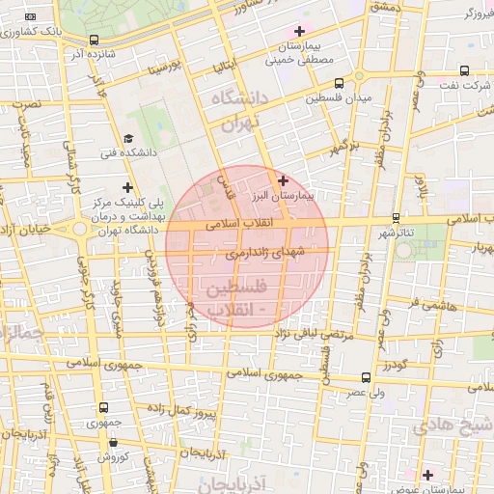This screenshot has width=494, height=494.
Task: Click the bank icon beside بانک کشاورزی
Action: [x=32, y=18]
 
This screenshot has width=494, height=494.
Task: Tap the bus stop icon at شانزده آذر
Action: [x=94, y=41]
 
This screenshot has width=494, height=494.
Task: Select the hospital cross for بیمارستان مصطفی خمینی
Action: [x=299, y=31]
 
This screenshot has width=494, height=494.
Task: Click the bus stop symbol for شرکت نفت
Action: [x=465, y=71]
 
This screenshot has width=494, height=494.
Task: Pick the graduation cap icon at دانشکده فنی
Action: [x=128, y=139]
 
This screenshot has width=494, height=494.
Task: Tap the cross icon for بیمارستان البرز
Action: [x=283, y=180]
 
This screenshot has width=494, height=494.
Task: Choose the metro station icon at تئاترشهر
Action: [x=397, y=218]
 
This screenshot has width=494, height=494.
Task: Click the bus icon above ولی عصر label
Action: [x=365, y=378]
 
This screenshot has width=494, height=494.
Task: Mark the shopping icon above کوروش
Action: [x=113, y=443]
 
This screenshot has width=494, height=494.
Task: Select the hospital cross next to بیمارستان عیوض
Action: [x=427, y=474]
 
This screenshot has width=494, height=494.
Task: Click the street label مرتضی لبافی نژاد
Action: [x=280, y=334]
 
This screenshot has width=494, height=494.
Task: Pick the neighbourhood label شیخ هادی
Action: [x=453, y=425]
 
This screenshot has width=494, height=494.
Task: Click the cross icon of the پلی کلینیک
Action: [x=127, y=186]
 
